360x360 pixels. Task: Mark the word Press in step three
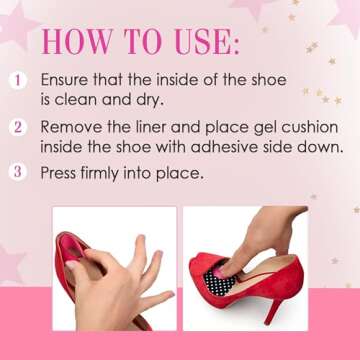[x=60, y=172]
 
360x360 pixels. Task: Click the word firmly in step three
[x=110, y=172]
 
